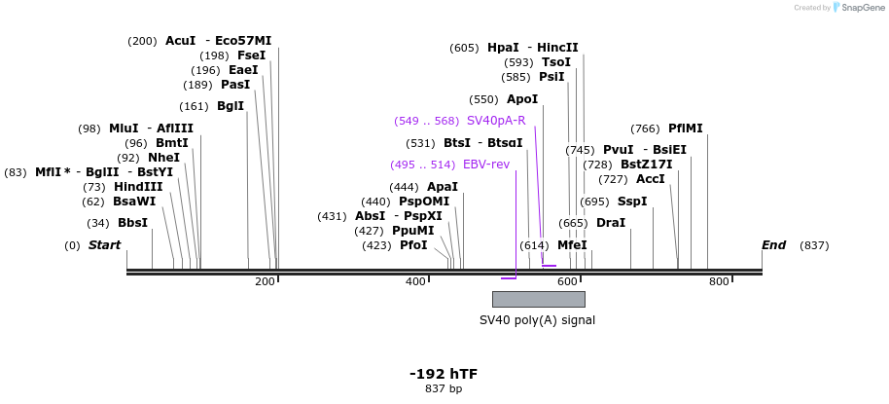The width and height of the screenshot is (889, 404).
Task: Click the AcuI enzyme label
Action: tap(181, 41)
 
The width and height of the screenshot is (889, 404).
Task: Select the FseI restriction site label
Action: tap(251, 55)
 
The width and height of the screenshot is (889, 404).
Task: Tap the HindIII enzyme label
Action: tap(138, 187)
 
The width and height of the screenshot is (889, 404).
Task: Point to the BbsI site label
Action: tap(132, 223)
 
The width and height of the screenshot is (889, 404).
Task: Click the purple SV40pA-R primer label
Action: tap(496, 121)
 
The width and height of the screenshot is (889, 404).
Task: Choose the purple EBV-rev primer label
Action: tap(486, 165)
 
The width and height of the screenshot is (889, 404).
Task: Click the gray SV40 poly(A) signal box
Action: tap(538, 299)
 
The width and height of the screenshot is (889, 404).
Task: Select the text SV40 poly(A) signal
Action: tap(537, 319)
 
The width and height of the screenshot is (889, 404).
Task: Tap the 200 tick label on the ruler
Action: tap(265, 282)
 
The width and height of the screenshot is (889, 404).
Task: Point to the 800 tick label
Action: tap(719, 282)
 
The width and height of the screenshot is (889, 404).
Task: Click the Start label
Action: tap(105, 245)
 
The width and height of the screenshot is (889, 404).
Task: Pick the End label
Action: tap(773, 245)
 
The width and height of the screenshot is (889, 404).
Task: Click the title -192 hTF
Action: tap(444, 374)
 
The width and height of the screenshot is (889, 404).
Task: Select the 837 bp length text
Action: tap(444, 389)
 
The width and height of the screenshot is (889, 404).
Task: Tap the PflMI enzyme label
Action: tap(685, 129)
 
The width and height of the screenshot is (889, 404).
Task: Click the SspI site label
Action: tap(632, 202)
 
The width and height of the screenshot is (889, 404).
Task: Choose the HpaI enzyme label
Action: tap(503, 48)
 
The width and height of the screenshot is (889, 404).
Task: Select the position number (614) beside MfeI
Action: tap(534, 246)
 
